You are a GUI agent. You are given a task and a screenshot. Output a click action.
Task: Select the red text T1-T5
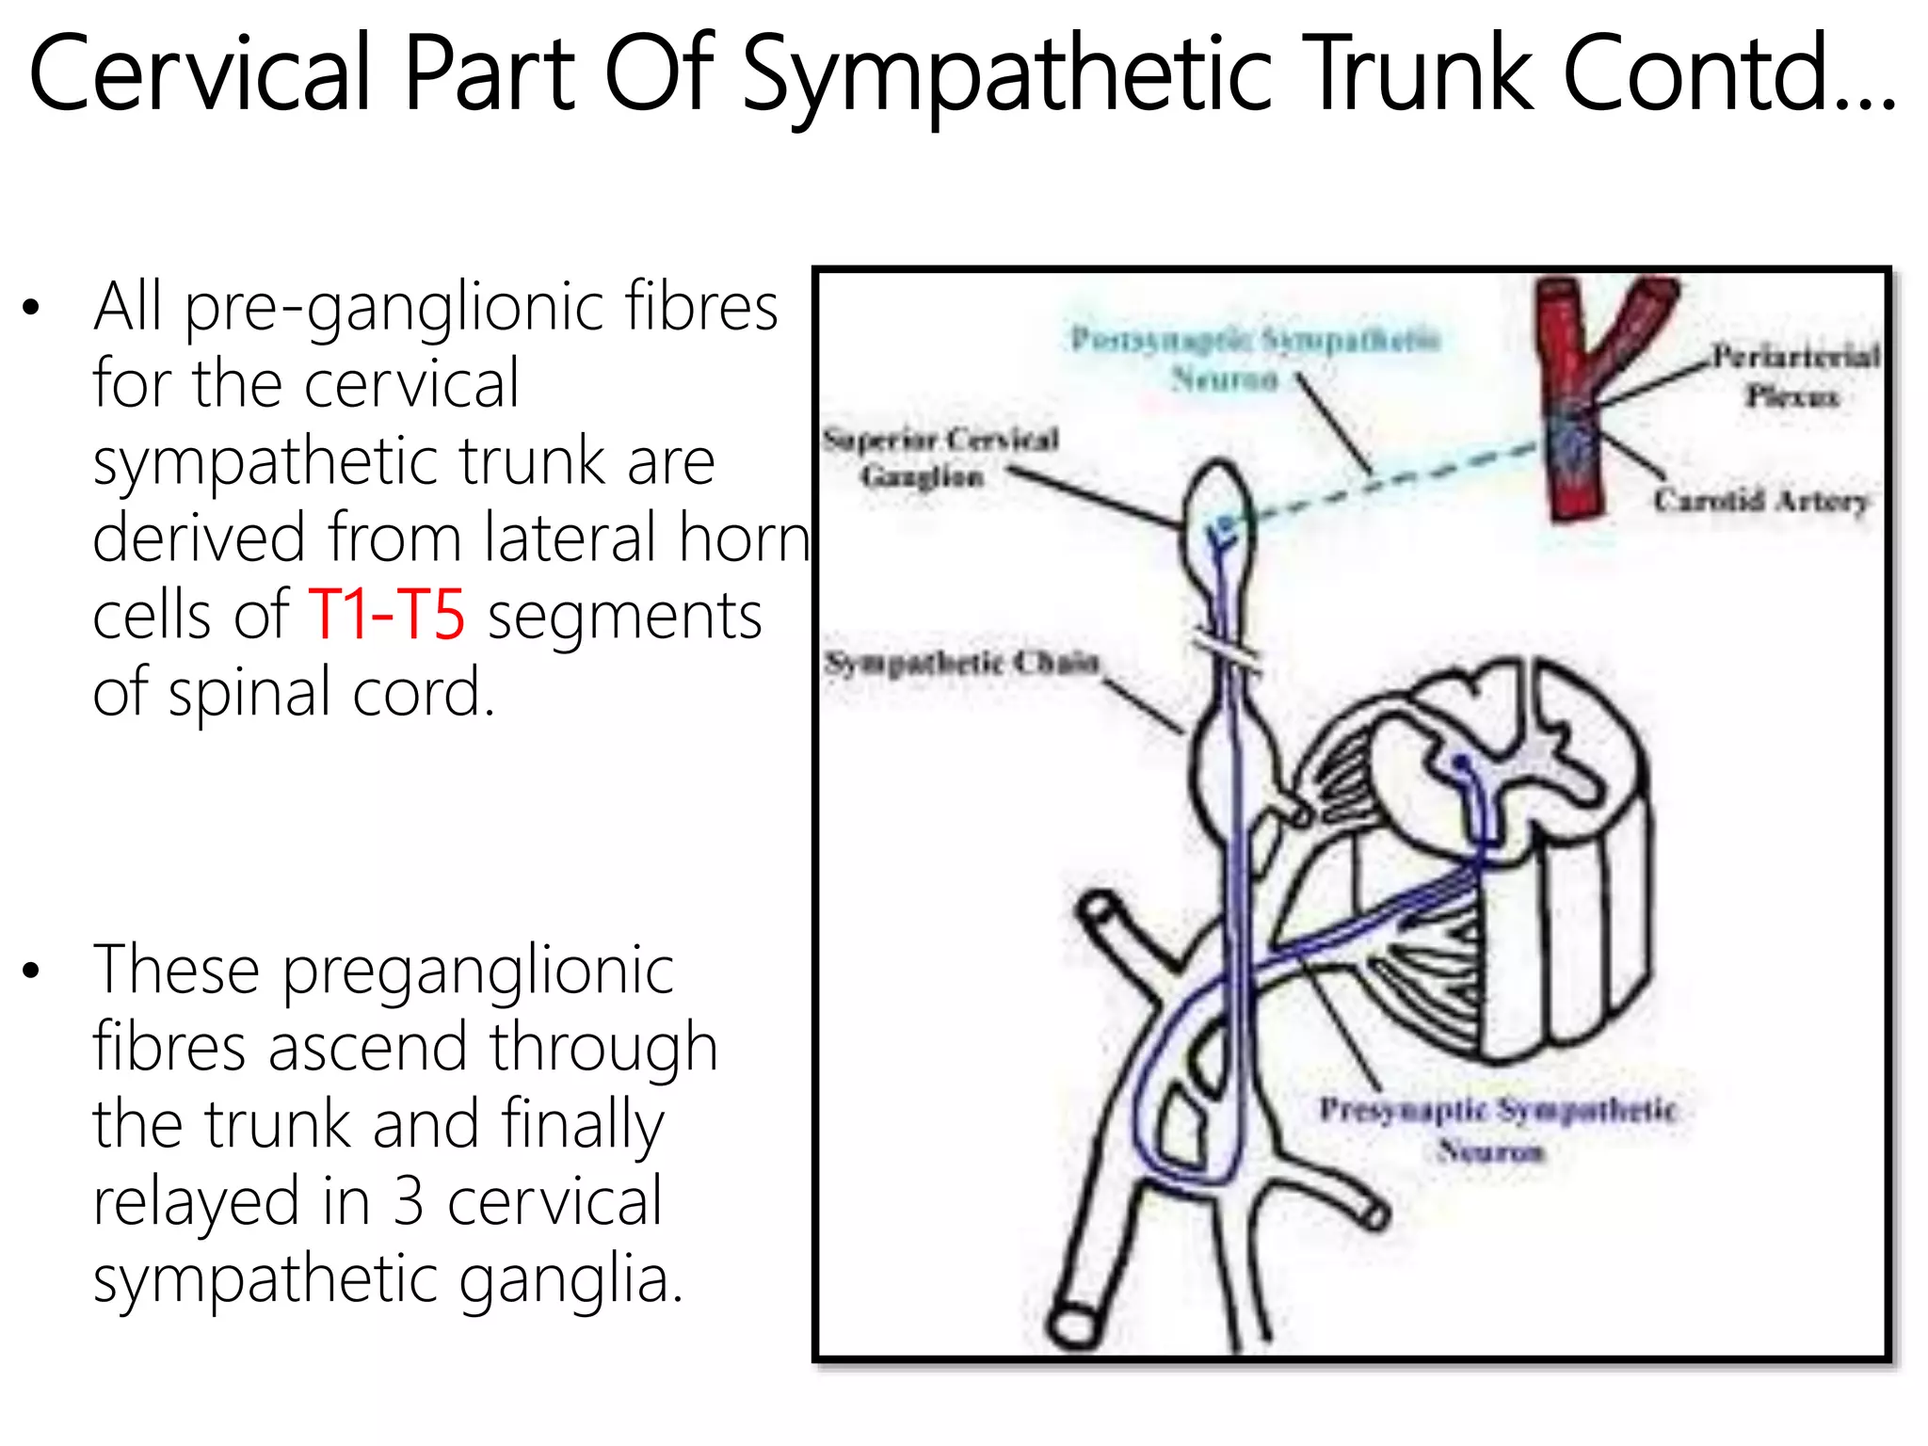pos(386,615)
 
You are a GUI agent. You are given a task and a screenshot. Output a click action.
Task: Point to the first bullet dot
pos(32,308)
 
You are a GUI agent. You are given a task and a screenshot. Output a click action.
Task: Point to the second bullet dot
pos(32,971)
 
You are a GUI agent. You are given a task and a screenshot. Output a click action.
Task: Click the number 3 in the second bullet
pos(408,1201)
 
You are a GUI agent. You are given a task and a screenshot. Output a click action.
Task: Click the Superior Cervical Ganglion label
pos(940,458)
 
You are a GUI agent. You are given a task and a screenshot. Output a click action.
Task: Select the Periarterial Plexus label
pos(1793,376)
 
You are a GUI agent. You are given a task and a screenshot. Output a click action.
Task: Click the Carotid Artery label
pos(1760,500)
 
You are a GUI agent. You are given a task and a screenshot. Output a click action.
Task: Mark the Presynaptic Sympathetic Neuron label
pos(1497,1129)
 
